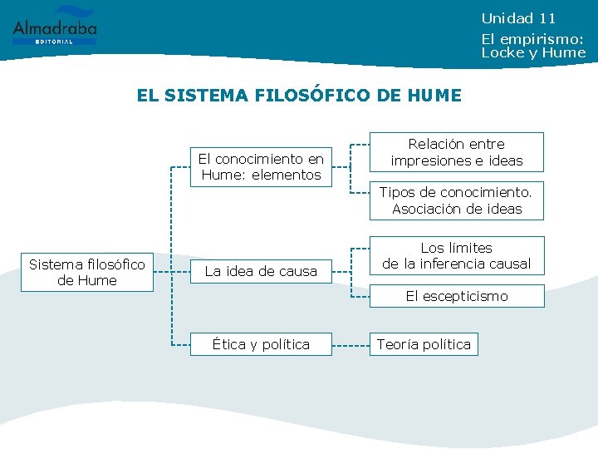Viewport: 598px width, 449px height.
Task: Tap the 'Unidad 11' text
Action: (x=518, y=18)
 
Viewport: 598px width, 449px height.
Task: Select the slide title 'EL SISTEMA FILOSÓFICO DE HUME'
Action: (x=299, y=96)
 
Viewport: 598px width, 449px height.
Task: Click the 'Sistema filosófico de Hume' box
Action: (x=87, y=273)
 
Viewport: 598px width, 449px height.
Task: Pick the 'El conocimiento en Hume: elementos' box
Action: (x=261, y=166)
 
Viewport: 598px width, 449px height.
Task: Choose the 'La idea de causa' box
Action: (x=261, y=271)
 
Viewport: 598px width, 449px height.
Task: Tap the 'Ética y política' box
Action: (x=261, y=344)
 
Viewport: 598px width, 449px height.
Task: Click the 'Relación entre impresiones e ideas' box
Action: (x=457, y=152)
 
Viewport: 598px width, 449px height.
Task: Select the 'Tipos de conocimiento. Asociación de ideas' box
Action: (x=457, y=200)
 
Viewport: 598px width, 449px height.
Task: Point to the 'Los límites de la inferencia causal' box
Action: (x=457, y=256)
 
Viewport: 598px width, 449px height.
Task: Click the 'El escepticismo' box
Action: (x=457, y=296)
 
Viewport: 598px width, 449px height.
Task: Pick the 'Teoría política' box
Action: (x=424, y=344)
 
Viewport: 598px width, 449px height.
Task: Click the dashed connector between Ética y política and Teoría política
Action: (x=350, y=344)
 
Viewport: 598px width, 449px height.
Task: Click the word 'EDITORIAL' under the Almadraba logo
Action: (x=55, y=41)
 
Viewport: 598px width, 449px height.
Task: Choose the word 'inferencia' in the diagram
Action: (x=453, y=264)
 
